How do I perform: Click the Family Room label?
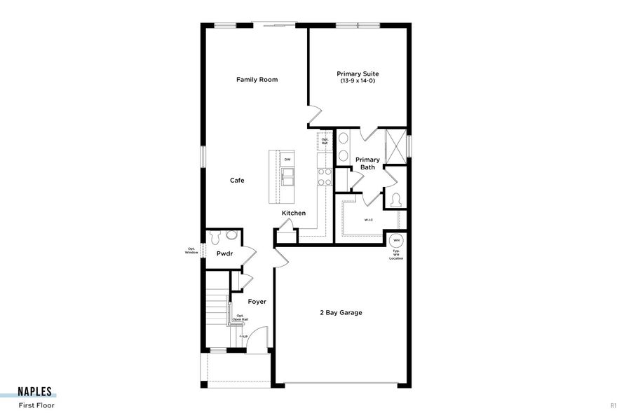tap(257, 80)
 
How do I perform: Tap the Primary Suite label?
tap(358, 73)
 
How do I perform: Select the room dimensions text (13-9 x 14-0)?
tap(358, 81)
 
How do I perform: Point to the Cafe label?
tap(237, 181)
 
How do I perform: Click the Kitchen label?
tap(294, 213)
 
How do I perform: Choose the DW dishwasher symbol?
tap(287, 159)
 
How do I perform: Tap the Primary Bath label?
tap(367, 164)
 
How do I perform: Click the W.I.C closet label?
tap(368, 220)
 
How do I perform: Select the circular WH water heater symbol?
tap(396, 240)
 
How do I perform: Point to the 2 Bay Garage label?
tap(341, 312)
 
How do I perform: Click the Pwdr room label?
tap(224, 253)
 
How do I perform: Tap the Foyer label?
tap(257, 302)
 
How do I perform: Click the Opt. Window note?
tap(191, 250)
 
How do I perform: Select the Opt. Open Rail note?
tap(242, 317)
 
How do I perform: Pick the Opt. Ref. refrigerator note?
tap(325, 141)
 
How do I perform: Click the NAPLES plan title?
tap(35, 393)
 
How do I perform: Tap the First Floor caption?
tap(36, 405)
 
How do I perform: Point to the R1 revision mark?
tap(613, 405)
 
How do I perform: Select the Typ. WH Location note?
tap(396, 254)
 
